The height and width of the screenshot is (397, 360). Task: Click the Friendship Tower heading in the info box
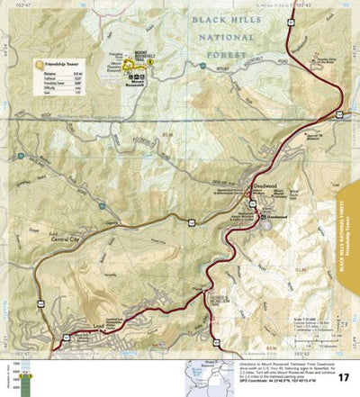[58, 65]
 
